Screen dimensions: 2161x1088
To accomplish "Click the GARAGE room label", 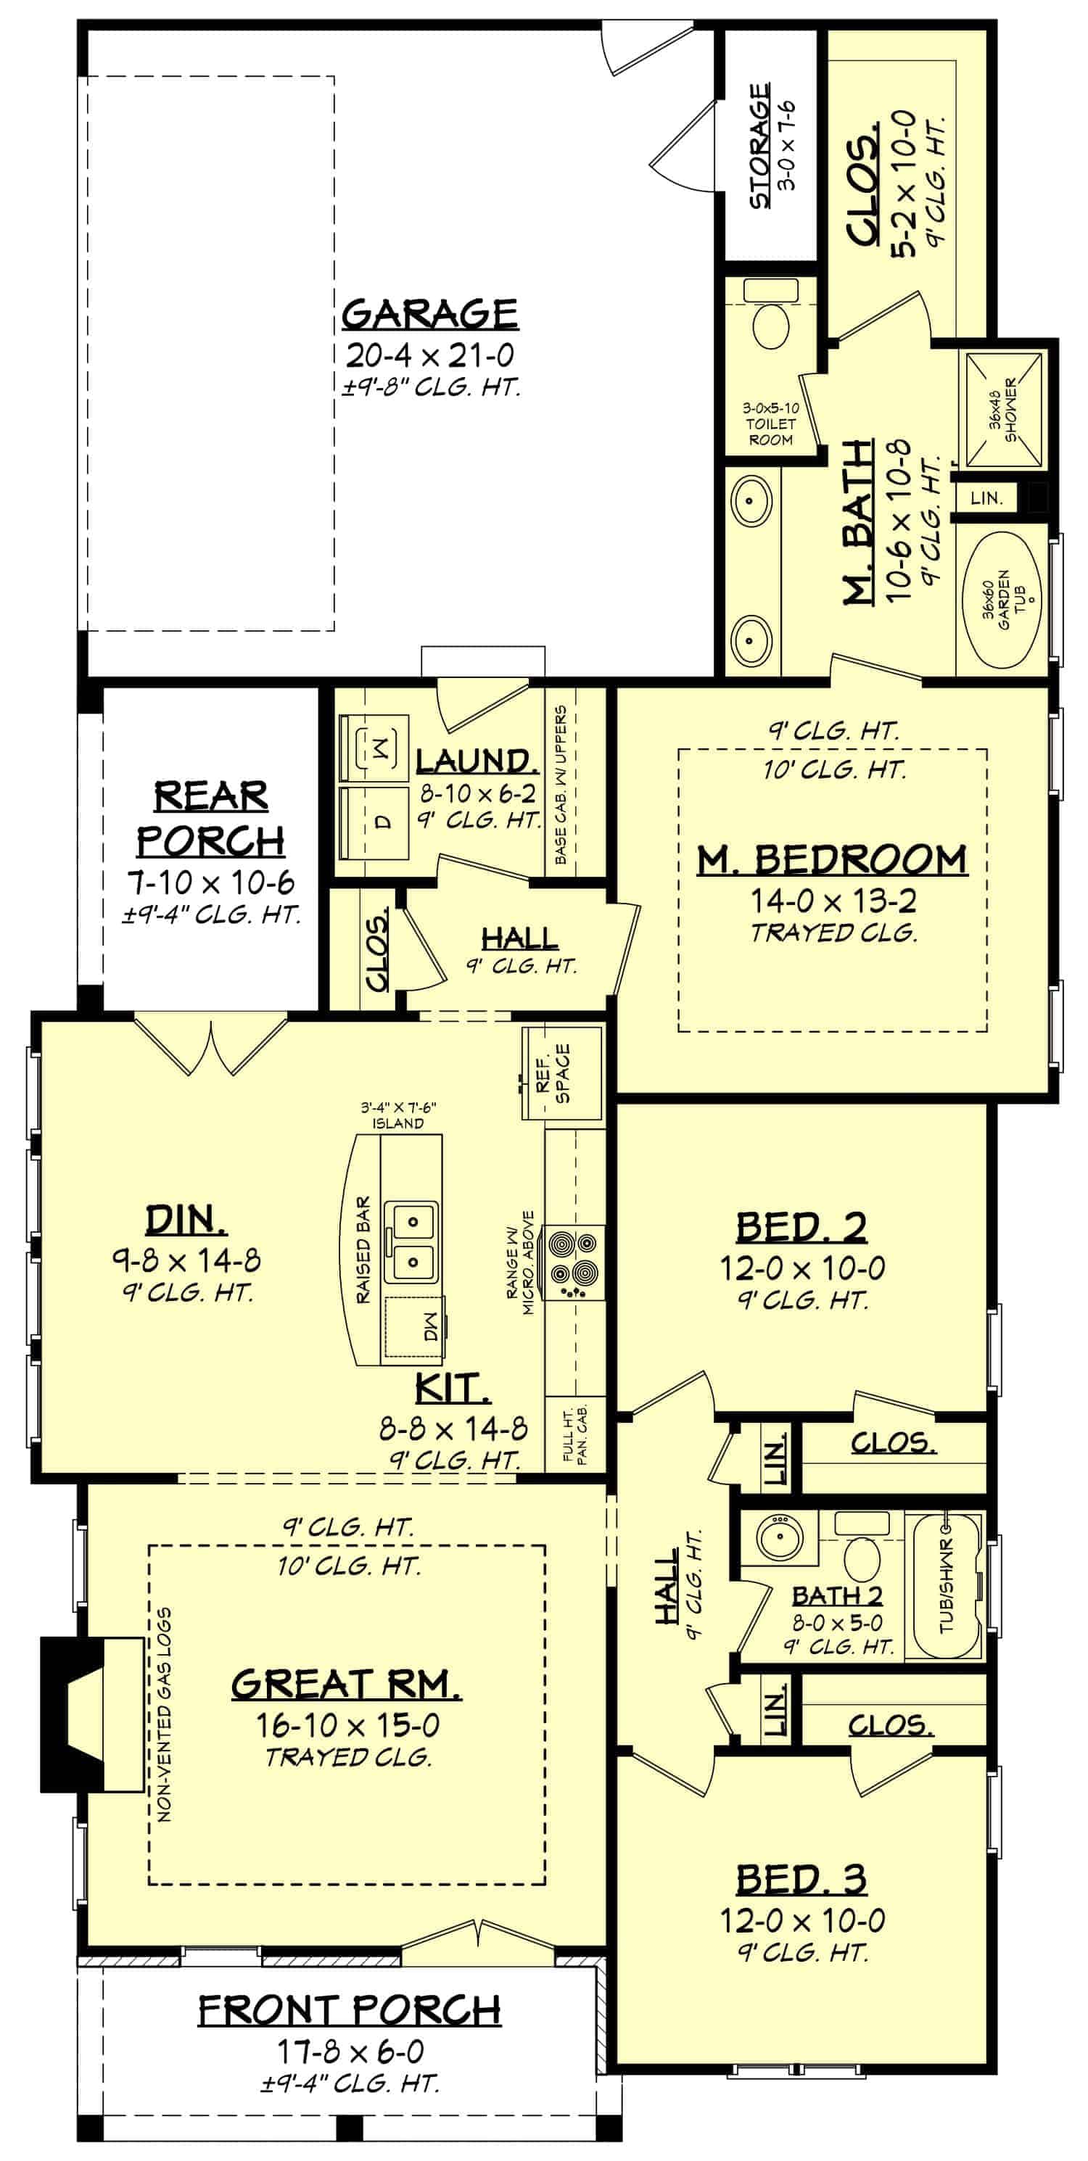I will coord(429,314).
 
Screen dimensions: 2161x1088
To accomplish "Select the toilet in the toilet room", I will coord(770,325).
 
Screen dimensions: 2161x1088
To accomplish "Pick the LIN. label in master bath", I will coord(986,498).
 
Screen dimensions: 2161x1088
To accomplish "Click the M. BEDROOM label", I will coord(832,860).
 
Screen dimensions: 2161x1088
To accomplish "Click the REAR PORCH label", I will coord(210,818).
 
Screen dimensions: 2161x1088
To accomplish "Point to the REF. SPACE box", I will coord(561,1073).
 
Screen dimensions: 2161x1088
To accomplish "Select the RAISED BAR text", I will coord(363,1250).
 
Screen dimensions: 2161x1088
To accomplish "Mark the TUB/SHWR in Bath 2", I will coord(947,1585).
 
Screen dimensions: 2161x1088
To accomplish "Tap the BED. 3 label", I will coord(801,1880).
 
